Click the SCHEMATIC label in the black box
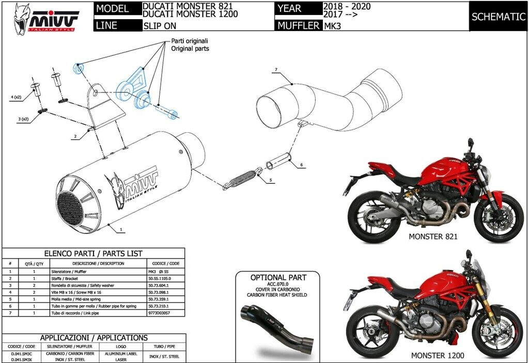coord(498,17)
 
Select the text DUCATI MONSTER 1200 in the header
coord(190,14)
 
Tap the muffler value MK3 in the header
coord(331,25)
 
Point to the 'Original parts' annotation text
coord(190,49)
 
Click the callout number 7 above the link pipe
coord(276,70)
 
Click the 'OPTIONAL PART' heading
coord(278,277)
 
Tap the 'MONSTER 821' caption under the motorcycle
coord(433,237)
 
